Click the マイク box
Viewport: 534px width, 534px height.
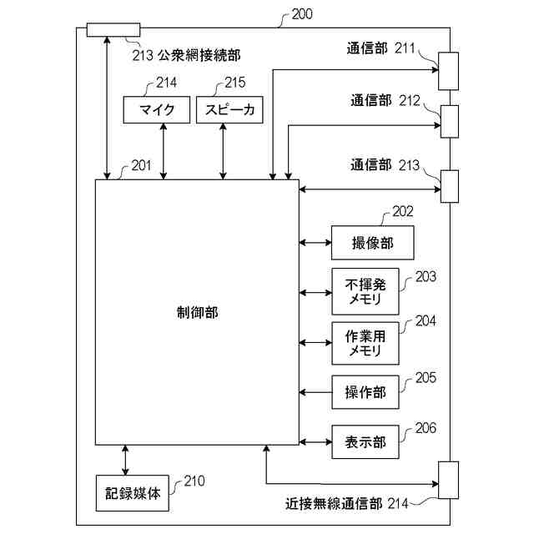point(155,109)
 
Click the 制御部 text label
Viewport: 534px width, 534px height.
point(198,312)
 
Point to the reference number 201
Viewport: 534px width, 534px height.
point(141,165)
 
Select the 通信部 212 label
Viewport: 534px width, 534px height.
point(383,102)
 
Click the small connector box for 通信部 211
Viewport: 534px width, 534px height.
point(449,71)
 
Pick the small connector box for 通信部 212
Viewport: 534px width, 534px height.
point(449,121)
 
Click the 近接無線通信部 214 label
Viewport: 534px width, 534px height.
point(346,504)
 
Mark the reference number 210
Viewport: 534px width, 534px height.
point(194,481)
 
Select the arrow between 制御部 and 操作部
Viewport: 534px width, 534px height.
point(315,392)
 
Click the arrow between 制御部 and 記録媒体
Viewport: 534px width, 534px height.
point(125,460)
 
